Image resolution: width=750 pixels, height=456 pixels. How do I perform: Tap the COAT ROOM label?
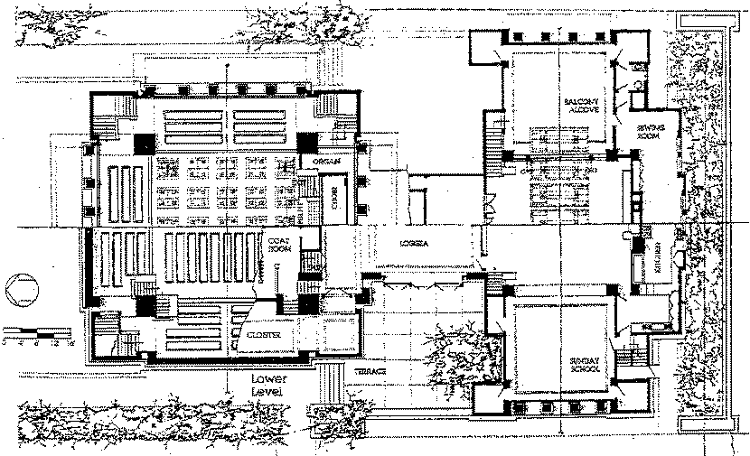(x=277, y=244)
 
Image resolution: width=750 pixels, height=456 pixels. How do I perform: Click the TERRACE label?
(x=370, y=372)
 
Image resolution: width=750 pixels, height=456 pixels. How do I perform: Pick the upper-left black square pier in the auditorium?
(x=142, y=143)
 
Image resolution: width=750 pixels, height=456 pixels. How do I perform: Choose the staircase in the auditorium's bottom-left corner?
(x=108, y=327)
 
